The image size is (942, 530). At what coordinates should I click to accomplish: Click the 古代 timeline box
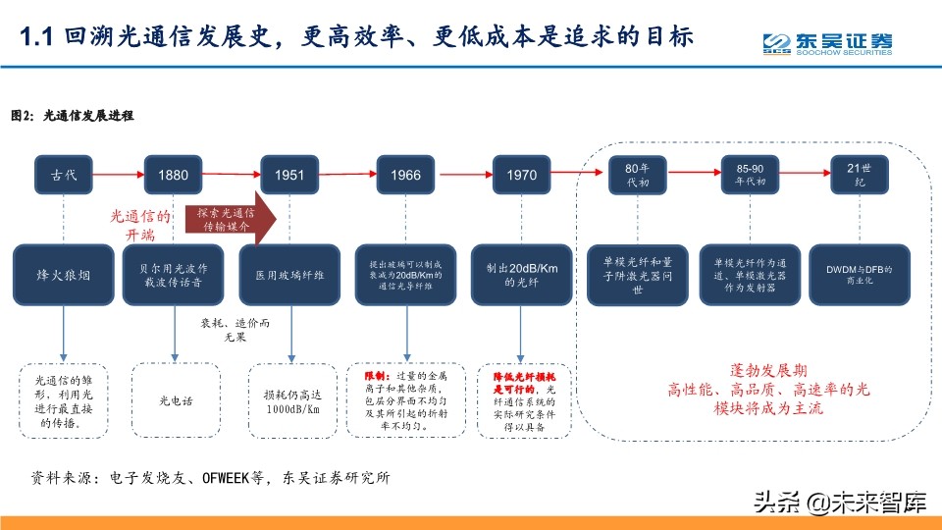click(x=64, y=175)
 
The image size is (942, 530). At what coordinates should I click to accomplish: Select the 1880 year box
click(x=174, y=175)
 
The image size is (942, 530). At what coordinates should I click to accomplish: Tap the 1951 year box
click(x=289, y=175)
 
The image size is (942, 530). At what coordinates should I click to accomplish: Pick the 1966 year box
click(x=405, y=175)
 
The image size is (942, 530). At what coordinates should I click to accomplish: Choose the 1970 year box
click(x=521, y=175)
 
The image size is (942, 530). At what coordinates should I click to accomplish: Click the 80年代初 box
click(x=637, y=175)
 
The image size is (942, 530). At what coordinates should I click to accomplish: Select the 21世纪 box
click(x=860, y=175)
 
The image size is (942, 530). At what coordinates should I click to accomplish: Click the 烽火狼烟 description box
click(x=64, y=276)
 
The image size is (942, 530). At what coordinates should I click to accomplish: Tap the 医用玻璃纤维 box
click(x=289, y=276)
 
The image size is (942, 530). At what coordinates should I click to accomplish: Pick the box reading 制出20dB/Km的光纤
click(x=521, y=276)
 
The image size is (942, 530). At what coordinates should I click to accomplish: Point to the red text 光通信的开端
click(x=140, y=225)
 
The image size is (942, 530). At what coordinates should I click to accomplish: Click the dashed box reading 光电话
click(x=177, y=400)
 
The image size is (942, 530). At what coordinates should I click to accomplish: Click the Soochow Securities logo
click(x=827, y=44)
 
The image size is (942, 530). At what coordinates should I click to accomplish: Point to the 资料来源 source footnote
click(x=211, y=479)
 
